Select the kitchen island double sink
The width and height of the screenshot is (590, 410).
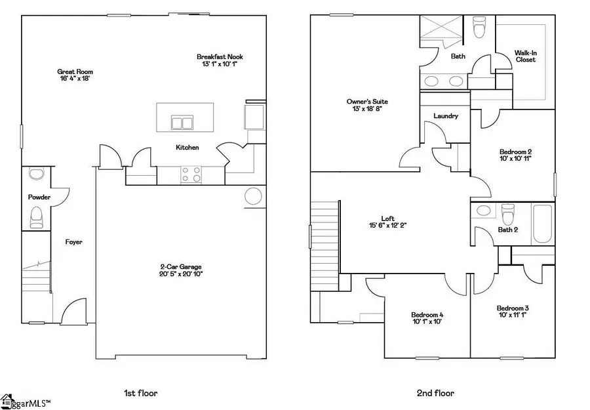click(182, 123)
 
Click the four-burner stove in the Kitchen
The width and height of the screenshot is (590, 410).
click(190, 174)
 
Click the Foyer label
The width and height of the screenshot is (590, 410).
click(73, 242)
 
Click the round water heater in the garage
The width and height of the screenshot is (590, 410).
click(253, 195)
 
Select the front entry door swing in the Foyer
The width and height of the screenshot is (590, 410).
click(74, 310)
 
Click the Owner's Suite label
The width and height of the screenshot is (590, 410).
click(367, 102)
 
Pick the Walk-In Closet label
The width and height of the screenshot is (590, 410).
click(524, 56)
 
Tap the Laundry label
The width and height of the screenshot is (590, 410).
click(445, 116)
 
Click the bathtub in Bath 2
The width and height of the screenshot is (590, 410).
click(541, 223)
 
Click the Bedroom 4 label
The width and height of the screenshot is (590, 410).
click(427, 314)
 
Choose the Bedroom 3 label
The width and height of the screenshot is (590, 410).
click(513, 308)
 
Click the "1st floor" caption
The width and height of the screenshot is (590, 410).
click(141, 394)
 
